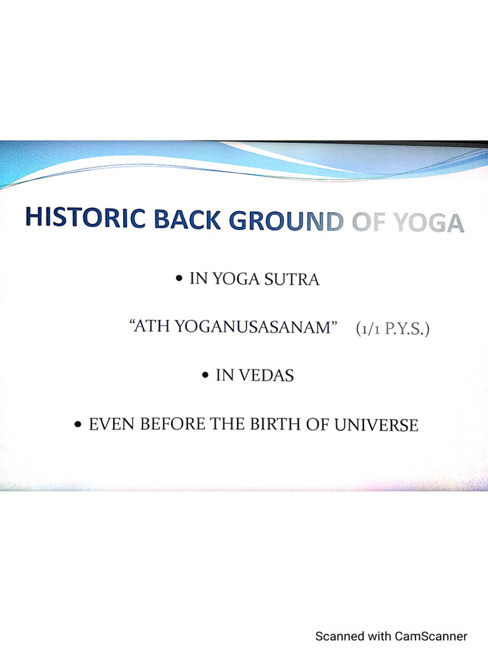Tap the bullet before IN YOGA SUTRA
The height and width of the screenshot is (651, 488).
pos(180,278)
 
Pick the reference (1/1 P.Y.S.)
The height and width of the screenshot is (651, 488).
pos(393,330)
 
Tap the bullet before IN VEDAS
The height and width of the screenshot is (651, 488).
pos(205,376)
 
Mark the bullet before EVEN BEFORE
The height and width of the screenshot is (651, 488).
pos(78,424)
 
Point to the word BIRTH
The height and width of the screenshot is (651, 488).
pos(273,425)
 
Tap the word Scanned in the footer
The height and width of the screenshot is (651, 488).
pos(340,636)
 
